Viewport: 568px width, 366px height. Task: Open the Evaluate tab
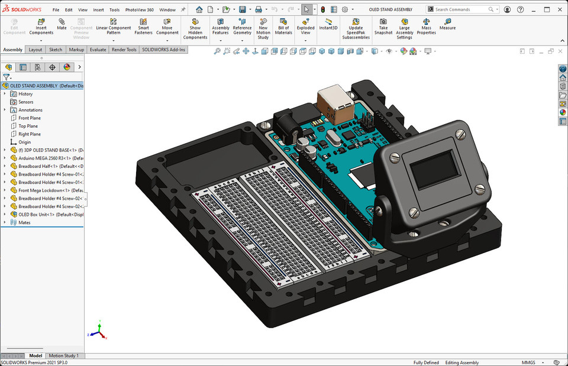click(x=98, y=50)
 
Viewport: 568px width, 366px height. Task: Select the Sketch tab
click(x=56, y=50)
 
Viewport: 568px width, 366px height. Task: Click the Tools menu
click(x=114, y=10)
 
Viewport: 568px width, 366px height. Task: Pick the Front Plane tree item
click(x=29, y=118)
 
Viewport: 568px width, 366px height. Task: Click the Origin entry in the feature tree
click(x=24, y=142)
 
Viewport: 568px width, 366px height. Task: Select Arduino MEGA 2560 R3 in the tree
click(x=50, y=158)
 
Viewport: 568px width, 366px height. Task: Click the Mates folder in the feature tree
click(x=24, y=222)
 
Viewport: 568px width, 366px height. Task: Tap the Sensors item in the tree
click(x=25, y=102)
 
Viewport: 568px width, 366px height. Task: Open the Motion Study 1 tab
click(x=63, y=355)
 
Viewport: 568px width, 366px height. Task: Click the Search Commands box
click(x=461, y=9)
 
